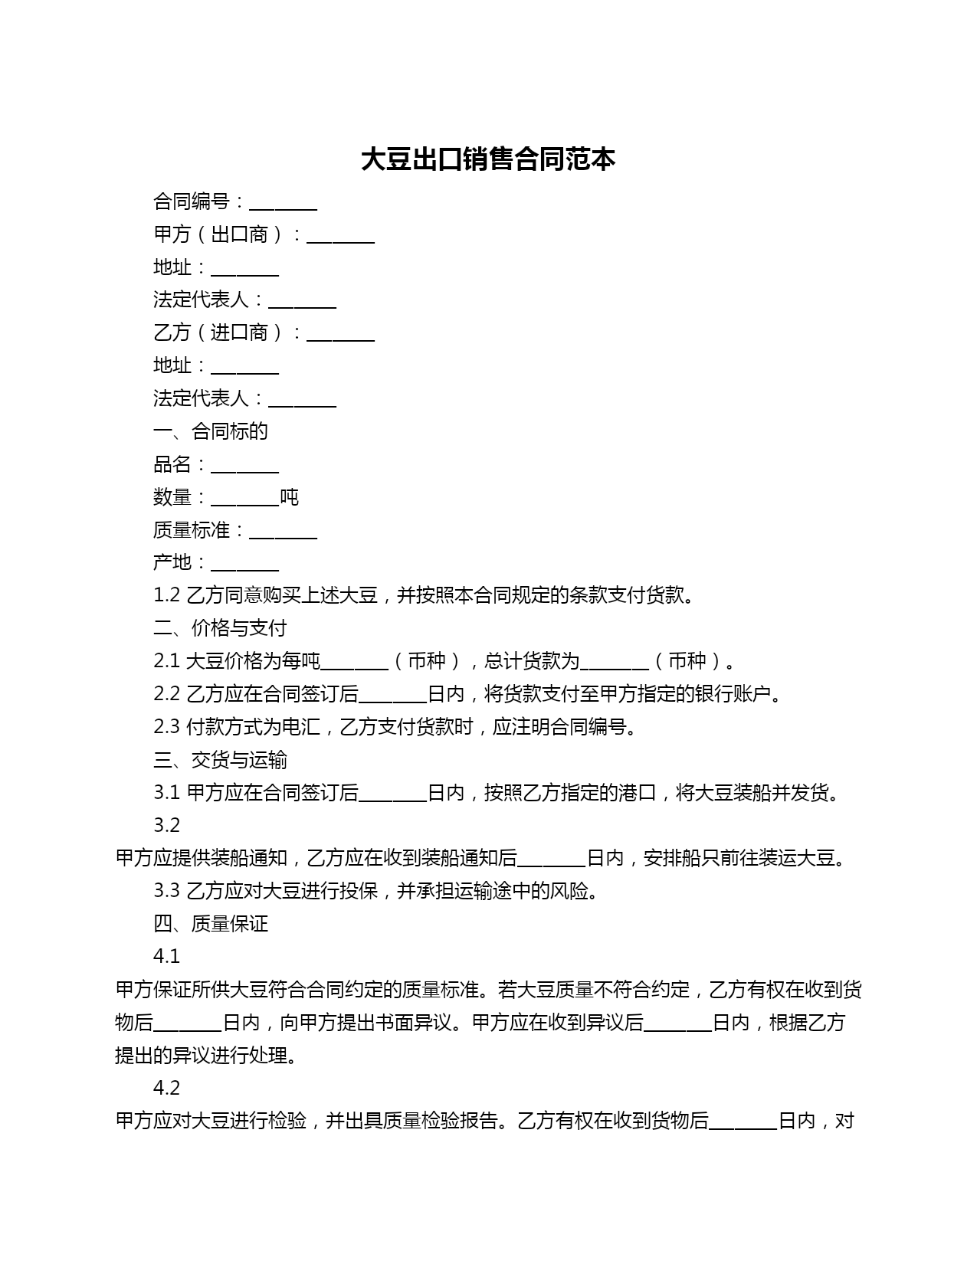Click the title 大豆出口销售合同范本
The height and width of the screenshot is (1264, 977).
pyautogui.click(x=488, y=159)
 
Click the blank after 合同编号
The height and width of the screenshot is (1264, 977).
pyautogui.click(x=283, y=203)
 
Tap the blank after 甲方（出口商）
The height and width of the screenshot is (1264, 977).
pyautogui.click(x=340, y=236)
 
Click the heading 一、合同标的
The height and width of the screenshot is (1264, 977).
pyautogui.click(x=211, y=431)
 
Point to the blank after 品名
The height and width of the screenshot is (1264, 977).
pyautogui.click(x=244, y=466)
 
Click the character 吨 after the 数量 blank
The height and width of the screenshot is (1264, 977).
pyautogui.click(x=289, y=498)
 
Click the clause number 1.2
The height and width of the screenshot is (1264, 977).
pyautogui.click(x=166, y=595)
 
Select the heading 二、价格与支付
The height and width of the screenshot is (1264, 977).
pyautogui.click(x=220, y=628)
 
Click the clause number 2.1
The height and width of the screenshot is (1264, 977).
pyautogui.click(x=166, y=661)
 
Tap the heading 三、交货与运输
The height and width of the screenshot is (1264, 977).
pyautogui.click(x=220, y=760)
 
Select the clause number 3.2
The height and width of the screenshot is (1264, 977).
pyautogui.click(x=166, y=825)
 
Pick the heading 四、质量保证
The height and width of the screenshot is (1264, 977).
pyautogui.click(x=211, y=924)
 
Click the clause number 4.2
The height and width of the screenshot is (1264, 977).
pyautogui.click(x=166, y=1088)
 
